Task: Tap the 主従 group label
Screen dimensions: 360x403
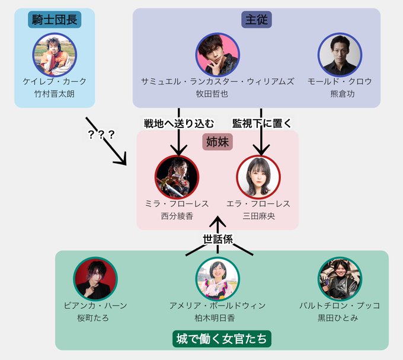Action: pos(256,20)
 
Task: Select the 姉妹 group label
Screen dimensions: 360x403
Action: pos(218,142)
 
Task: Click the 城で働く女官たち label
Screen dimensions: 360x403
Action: pos(223,339)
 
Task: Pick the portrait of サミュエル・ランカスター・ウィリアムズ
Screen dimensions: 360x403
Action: pos(218,54)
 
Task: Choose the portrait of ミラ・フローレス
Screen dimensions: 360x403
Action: pos(177,177)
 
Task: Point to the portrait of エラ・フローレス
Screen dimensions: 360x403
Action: pos(258,177)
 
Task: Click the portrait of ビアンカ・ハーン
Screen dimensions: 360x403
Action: pos(95,278)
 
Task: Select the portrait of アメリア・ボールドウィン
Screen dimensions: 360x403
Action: pos(218,278)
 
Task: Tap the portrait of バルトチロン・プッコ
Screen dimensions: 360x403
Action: pos(340,278)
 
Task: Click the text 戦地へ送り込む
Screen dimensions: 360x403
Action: pos(172,123)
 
